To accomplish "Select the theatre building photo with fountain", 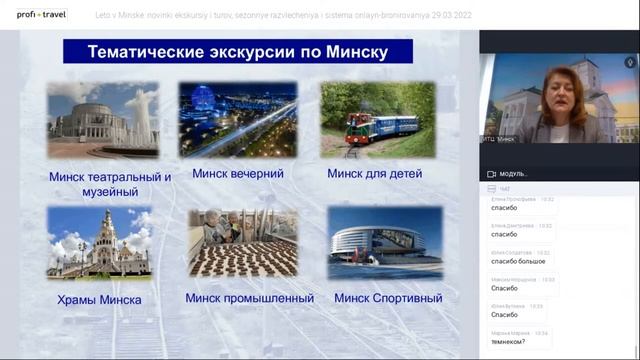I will [102, 119].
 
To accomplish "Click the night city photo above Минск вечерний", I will [238, 119].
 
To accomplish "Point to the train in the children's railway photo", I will [370, 128].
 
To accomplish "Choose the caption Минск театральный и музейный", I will [110, 184].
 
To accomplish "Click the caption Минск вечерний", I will [238, 173].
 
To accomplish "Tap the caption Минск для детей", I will [374, 173].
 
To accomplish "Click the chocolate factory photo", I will [243, 243].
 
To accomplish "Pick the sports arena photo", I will [385, 243].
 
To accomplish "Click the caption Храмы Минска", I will [100, 299].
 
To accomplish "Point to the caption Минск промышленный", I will [250, 298].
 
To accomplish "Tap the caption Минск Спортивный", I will [386, 298].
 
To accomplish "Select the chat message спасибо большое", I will [511, 261].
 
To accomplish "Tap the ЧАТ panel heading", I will [504, 188].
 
